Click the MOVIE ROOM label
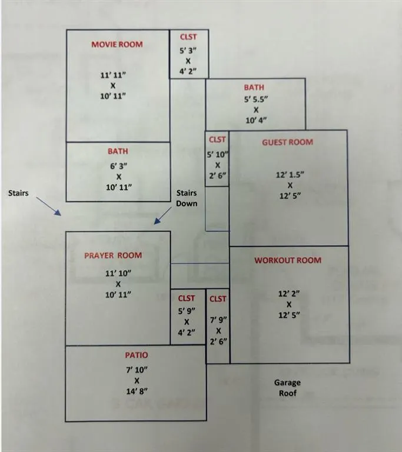117,44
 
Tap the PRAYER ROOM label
112,255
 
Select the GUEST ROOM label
287,142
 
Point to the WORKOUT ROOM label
288,260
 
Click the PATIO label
136,355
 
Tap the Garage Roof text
287,387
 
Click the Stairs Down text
187,198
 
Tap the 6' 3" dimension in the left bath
118,165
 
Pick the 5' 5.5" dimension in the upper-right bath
256,99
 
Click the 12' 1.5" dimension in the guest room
290,174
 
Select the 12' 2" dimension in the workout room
288,293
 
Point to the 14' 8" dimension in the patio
136,391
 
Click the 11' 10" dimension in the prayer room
118,273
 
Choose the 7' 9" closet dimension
218,320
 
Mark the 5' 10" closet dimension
218,155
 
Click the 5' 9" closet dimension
187,311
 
